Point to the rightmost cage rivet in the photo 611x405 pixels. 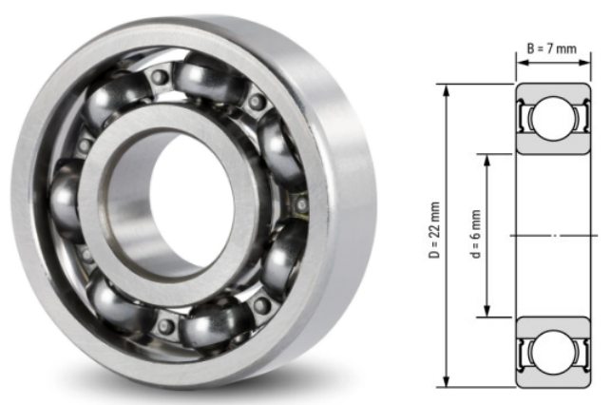(x=301, y=204)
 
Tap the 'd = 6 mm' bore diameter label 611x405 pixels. (x=476, y=234)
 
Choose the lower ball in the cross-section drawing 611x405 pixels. (x=552, y=351)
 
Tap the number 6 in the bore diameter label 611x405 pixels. (x=476, y=226)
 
